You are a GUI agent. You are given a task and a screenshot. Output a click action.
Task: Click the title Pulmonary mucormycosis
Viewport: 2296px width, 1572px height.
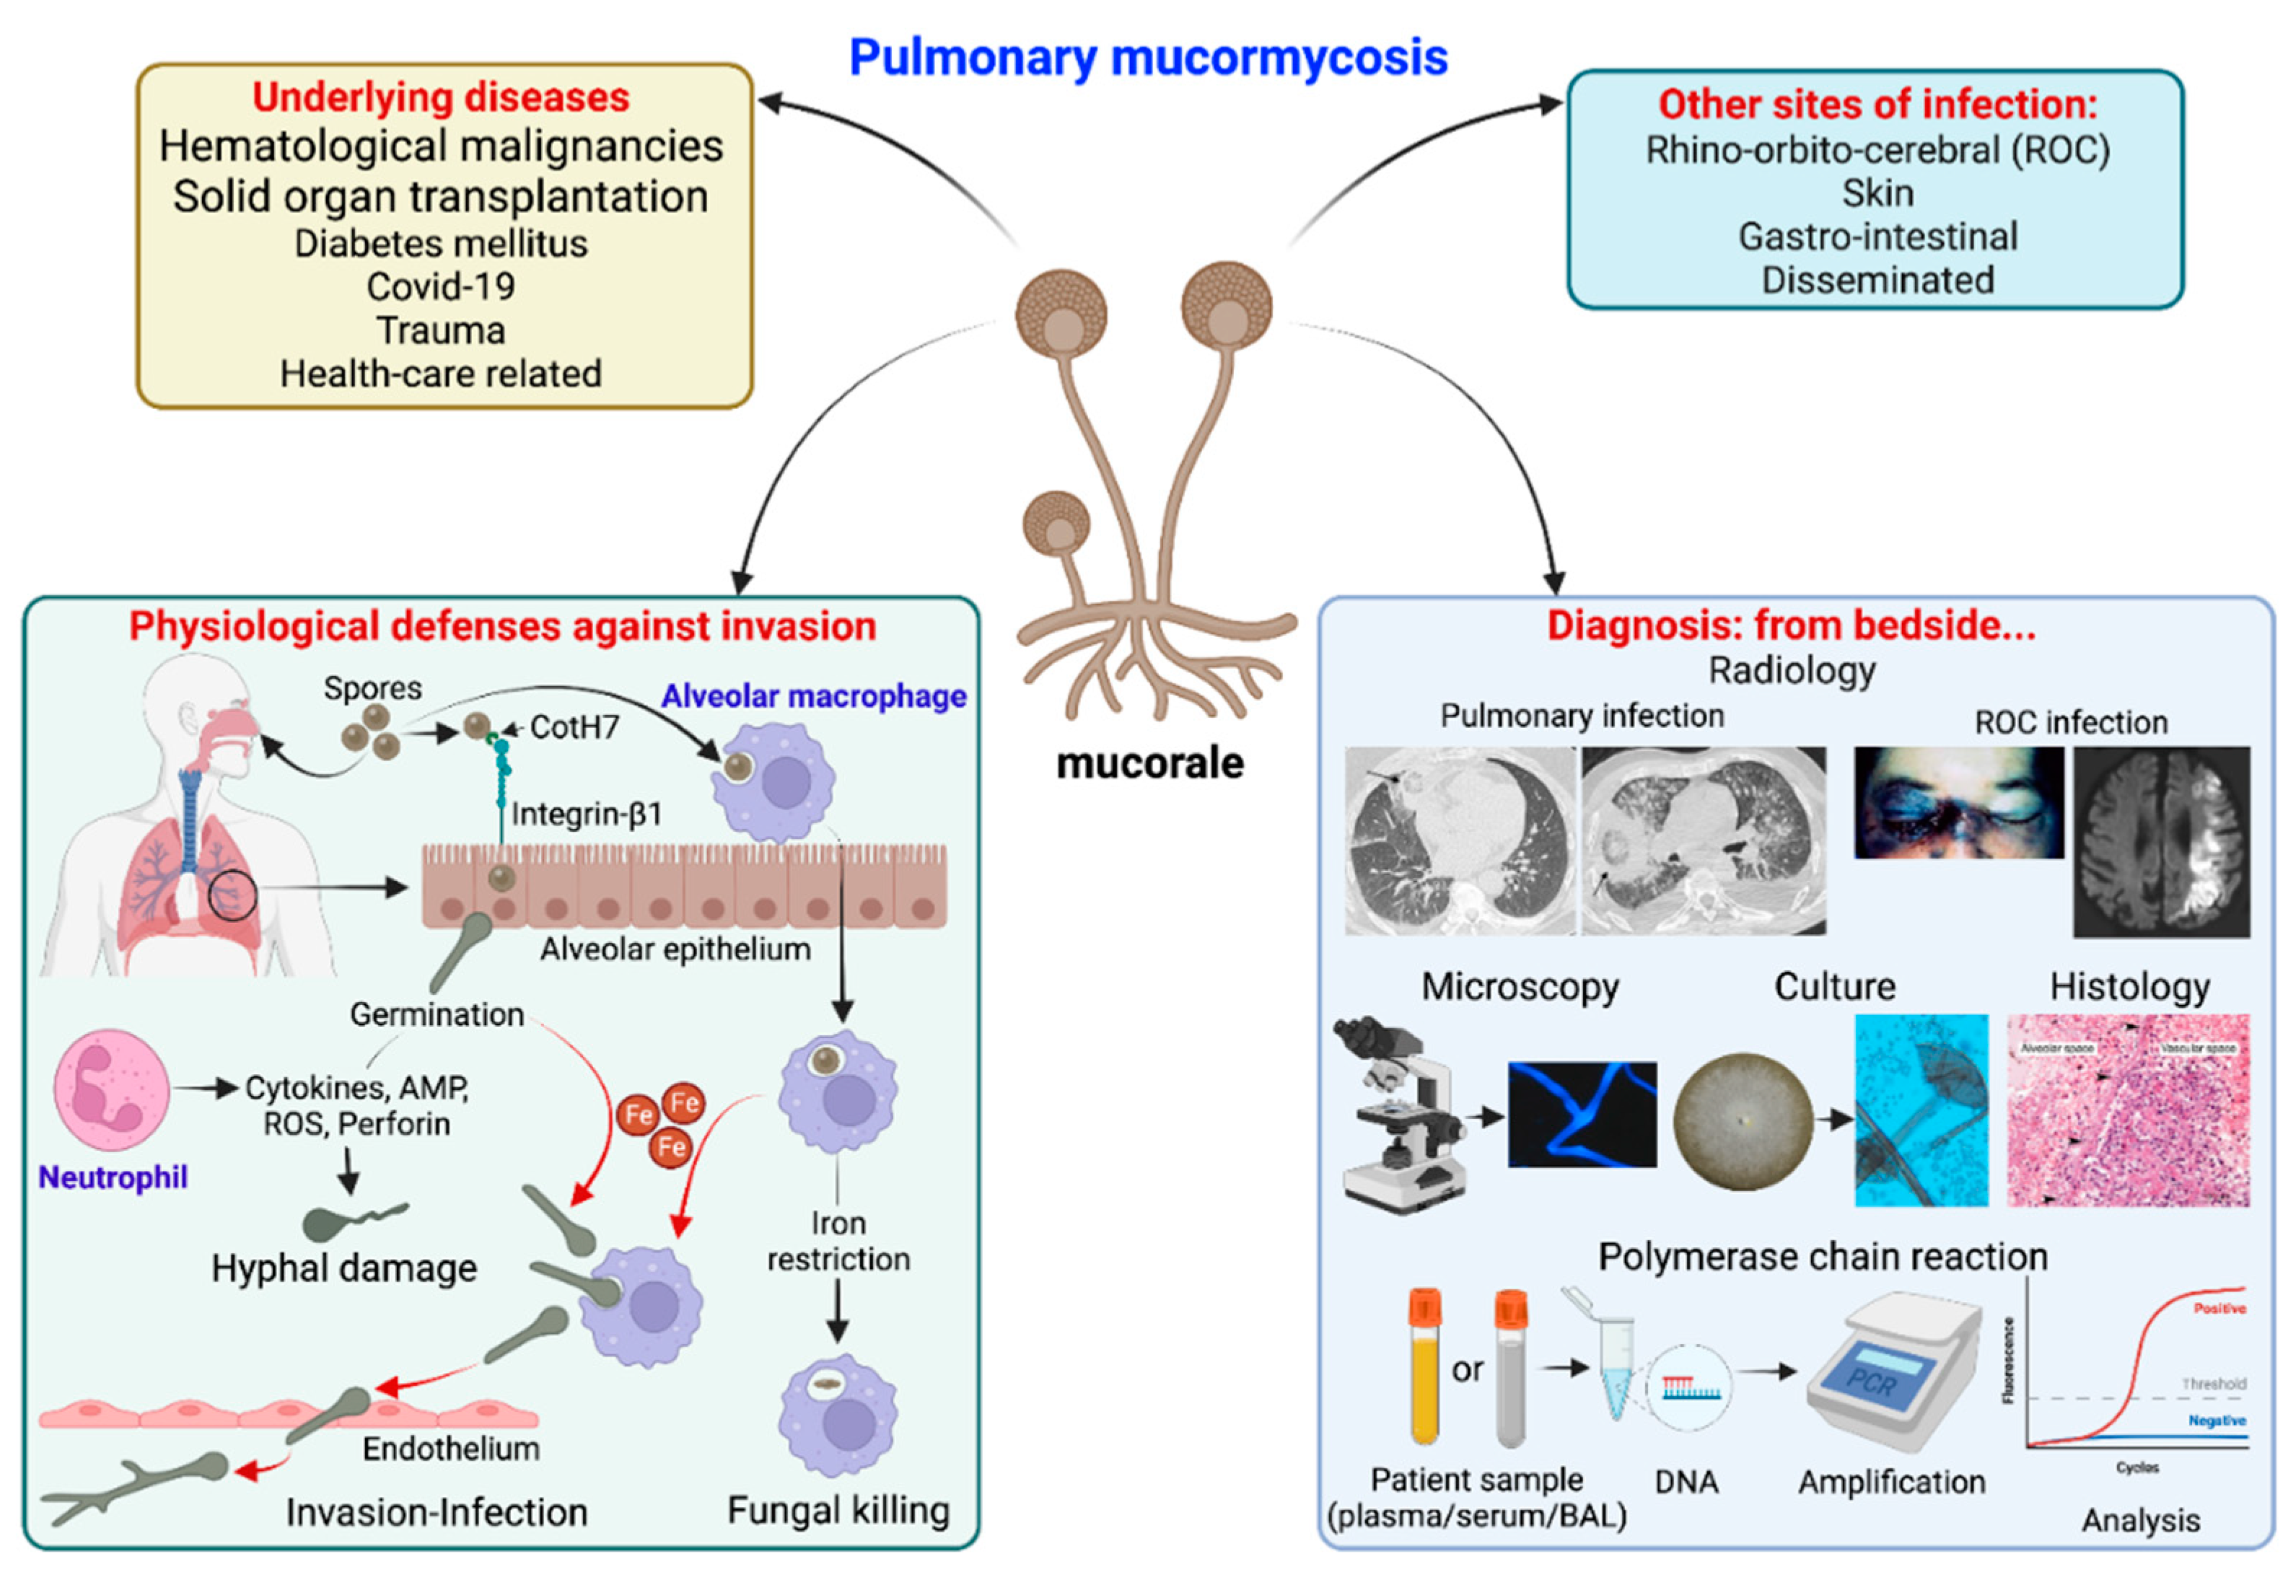[1148, 57]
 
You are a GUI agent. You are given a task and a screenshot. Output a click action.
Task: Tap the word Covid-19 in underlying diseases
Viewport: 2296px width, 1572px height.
[441, 286]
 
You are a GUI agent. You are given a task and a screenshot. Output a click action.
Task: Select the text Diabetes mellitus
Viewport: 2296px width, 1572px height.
[441, 243]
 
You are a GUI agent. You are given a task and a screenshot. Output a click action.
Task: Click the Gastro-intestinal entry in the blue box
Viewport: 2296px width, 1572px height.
[1877, 237]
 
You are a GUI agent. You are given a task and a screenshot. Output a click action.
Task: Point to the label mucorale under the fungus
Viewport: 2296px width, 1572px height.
[1149, 763]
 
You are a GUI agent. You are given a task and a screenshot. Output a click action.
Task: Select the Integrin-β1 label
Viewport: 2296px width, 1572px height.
[586, 814]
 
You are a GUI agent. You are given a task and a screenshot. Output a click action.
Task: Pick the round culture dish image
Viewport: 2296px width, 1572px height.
[1743, 1121]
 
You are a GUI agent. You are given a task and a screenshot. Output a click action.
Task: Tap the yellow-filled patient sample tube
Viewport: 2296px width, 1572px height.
[1424, 1369]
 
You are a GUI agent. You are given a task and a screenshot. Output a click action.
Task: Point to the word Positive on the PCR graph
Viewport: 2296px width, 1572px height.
[2219, 1308]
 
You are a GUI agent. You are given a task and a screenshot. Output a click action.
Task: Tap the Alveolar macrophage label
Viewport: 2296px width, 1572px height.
[813, 697]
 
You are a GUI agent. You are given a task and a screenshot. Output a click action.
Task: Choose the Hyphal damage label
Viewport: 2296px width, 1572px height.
[343, 1268]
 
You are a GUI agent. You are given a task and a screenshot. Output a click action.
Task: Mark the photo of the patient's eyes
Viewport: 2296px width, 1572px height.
[1958, 802]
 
